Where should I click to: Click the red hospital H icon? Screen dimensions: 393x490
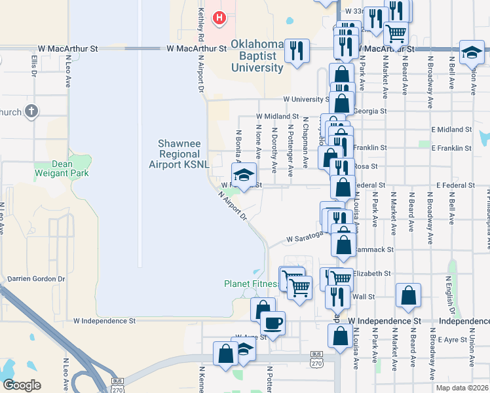pos(220,18)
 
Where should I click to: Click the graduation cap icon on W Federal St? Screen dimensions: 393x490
pos(244,174)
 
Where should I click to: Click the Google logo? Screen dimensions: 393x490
pos(22,384)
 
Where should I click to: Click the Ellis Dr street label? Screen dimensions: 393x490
pos(33,64)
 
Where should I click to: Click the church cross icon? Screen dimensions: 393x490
pos(31,112)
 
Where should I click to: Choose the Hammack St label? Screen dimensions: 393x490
pos(375,250)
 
